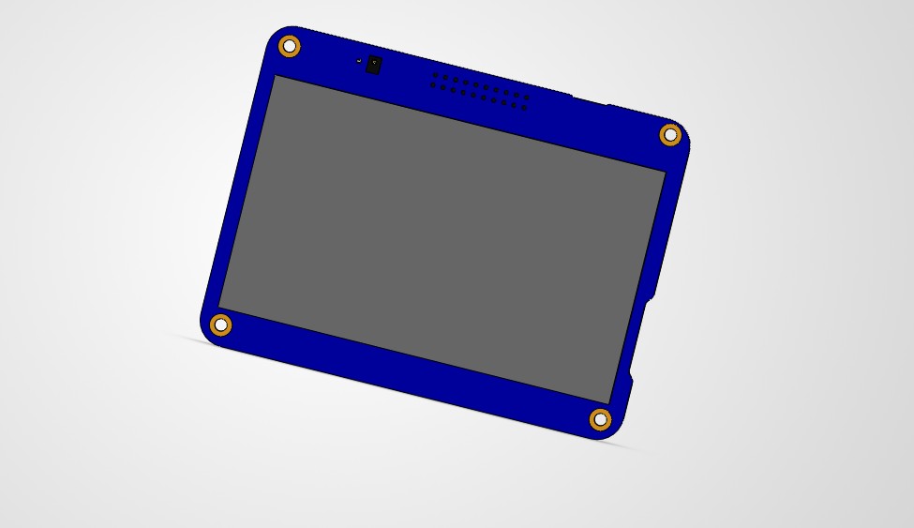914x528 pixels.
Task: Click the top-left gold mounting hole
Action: coord(290,46)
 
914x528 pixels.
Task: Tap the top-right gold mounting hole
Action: coord(670,135)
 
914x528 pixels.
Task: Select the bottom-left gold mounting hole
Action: coord(220,325)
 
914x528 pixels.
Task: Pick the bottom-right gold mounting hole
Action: coord(600,419)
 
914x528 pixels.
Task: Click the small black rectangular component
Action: coord(374,65)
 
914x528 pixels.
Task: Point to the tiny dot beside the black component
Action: coord(359,61)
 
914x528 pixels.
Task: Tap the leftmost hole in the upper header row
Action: coord(435,75)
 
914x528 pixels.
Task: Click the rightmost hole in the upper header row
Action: coord(527,97)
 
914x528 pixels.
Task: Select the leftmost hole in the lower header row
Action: coord(432,85)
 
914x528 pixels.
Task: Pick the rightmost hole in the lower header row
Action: coord(524,107)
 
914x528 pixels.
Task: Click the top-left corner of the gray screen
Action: coord(274,77)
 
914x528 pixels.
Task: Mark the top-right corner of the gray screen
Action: coord(665,173)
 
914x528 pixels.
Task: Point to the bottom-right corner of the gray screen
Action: coord(610,403)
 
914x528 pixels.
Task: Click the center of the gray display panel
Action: coord(442,239)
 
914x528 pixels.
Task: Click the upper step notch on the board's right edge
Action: coord(651,296)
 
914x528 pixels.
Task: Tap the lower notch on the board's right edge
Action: coord(629,377)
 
